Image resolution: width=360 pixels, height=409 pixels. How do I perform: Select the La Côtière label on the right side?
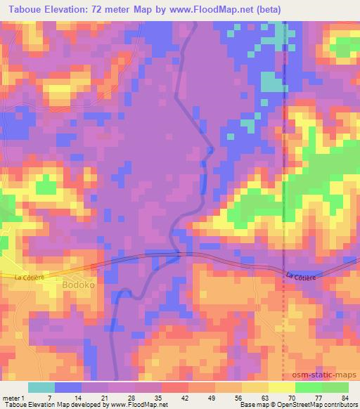(x=301, y=277)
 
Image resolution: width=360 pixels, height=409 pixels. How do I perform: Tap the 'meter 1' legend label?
(x=15, y=397)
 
